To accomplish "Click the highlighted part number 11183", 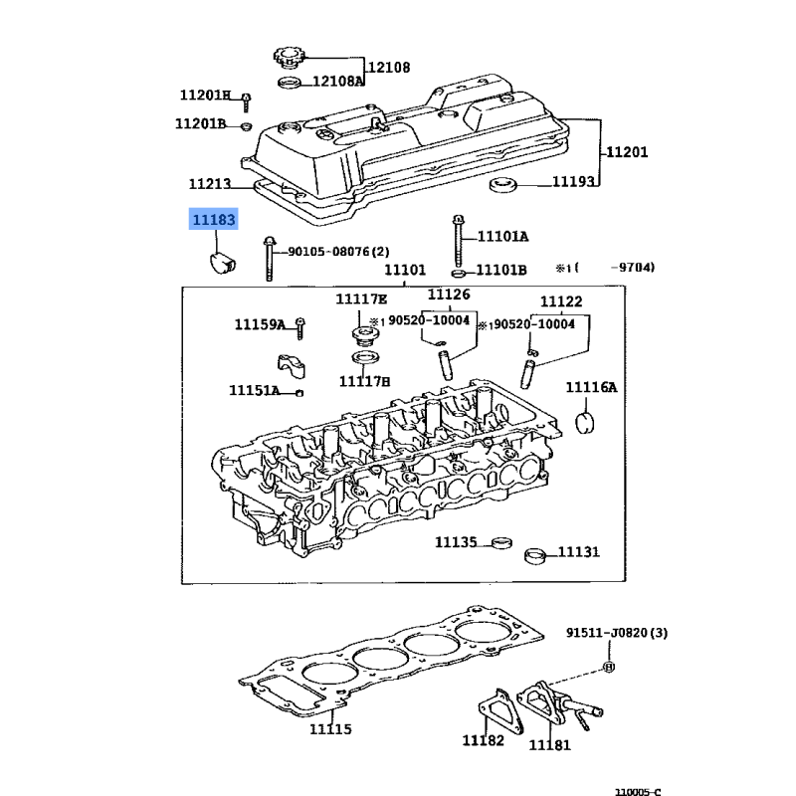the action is [214, 219].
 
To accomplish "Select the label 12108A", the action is [338, 82].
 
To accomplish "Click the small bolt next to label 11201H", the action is [246, 102].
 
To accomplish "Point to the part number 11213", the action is [210, 183].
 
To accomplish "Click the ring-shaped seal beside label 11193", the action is [502, 185].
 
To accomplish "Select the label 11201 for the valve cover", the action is [627, 152].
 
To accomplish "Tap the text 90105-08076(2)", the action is [338, 252].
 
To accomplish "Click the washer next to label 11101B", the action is [459, 274].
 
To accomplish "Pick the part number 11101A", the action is [502, 236].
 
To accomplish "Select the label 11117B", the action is [364, 381].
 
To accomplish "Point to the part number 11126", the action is [449, 294].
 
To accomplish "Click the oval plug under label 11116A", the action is [585, 423].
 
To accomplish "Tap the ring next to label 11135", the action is [502, 542].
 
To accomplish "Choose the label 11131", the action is [579, 551].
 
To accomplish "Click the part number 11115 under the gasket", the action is [330, 729].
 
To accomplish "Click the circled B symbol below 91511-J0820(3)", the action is [609, 667].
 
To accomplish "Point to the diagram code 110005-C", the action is [638, 791].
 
